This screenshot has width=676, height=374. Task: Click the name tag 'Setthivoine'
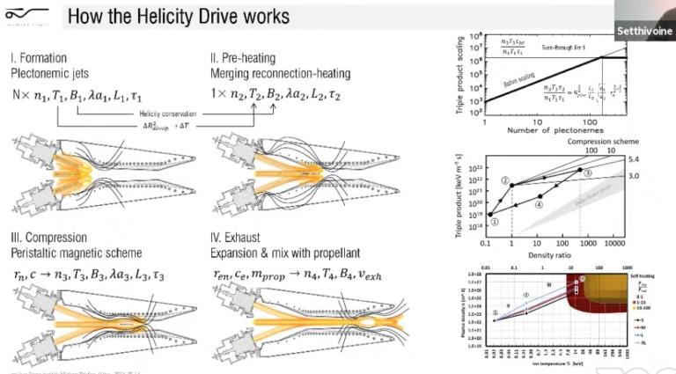648,30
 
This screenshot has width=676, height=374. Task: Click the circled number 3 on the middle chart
586,174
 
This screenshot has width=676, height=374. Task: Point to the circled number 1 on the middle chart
495,222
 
